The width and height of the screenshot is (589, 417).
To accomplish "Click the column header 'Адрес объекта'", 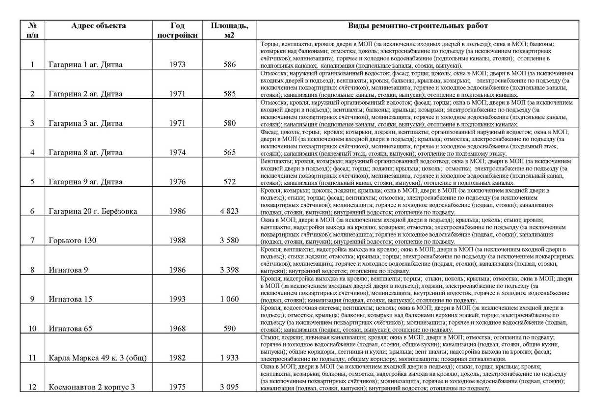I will pyautogui.click(x=98, y=26).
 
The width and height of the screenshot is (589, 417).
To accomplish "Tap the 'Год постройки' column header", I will pyautogui.click(x=178, y=30).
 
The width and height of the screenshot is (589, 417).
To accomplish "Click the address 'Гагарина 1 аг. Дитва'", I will pyautogui.click(x=86, y=64).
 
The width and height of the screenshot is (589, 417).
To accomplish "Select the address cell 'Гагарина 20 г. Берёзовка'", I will pyautogui.click(x=93, y=211).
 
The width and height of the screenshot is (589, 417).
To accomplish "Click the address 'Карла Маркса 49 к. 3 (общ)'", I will pyautogui.click(x=98, y=358).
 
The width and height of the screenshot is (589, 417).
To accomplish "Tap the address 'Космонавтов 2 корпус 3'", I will pyautogui.click(x=92, y=387).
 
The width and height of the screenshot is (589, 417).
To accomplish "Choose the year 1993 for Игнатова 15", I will pyautogui.click(x=178, y=299).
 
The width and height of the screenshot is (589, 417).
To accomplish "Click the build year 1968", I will pyautogui.click(x=178, y=329).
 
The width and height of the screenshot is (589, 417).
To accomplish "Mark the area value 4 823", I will pyautogui.click(x=229, y=211).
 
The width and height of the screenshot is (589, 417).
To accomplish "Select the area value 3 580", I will pyautogui.click(x=229, y=240).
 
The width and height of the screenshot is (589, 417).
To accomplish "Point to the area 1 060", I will pyautogui.click(x=229, y=299).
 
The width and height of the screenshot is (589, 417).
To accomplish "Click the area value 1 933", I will pyautogui.click(x=229, y=358).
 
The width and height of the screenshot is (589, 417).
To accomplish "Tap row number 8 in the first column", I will pyautogui.click(x=32, y=270).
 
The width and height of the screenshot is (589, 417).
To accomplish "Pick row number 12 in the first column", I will pyautogui.click(x=32, y=387).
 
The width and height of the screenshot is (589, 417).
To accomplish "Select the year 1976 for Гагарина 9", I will pyautogui.click(x=178, y=182).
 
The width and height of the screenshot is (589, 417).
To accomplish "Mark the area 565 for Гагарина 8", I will pyautogui.click(x=229, y=152).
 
